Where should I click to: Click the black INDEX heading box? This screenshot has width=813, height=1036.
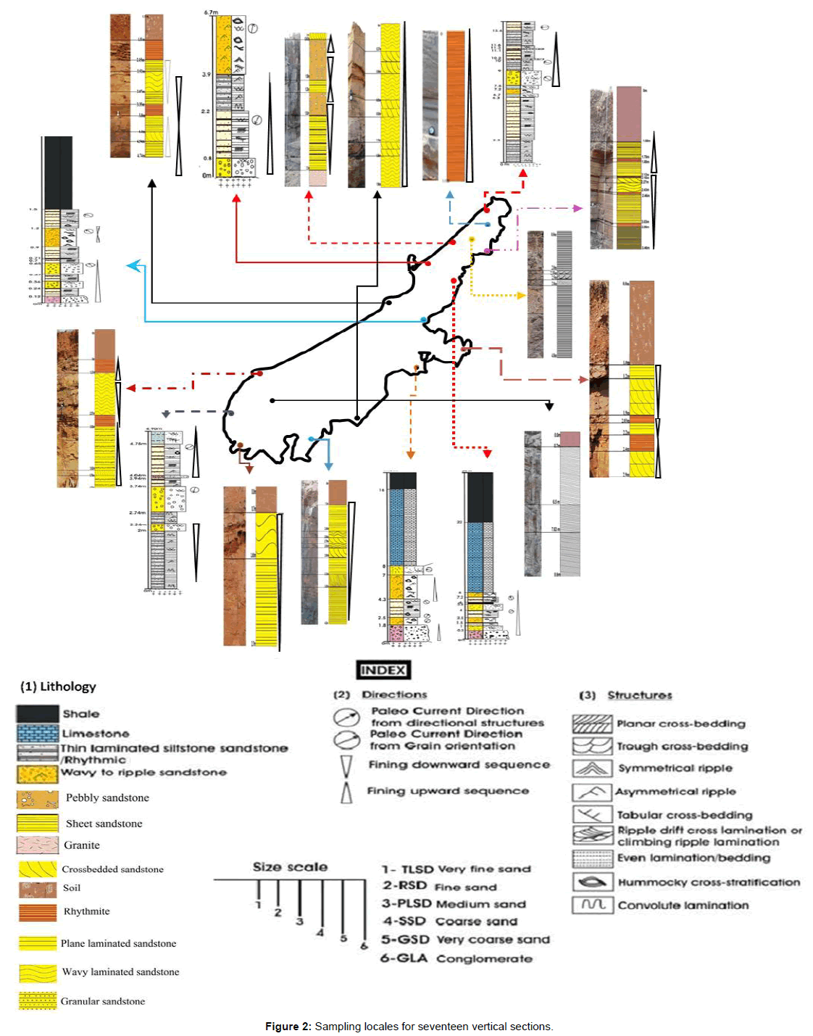click(383, 670)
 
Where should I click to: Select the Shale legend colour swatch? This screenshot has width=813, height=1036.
click(37, 713)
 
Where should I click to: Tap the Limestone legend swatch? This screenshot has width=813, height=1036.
click(37, 733)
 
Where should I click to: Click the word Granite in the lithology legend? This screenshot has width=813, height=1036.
click(82, 845)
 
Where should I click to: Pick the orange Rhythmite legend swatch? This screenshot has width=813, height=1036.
click(38, 911)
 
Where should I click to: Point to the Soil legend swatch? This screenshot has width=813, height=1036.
click(38, 889)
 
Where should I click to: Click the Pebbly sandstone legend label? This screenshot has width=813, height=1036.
click(107, 797)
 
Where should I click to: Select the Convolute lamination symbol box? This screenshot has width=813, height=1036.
click(593, 905)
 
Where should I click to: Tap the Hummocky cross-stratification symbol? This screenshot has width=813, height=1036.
click(593, 882)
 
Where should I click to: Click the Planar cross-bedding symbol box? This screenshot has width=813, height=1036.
click(593, 724)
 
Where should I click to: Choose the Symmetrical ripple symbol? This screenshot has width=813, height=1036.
click(593, 768)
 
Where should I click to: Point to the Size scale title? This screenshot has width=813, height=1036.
click(290, 867)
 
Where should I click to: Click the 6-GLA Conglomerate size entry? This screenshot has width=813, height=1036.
click(456, 958)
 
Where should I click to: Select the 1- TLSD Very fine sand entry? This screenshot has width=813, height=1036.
click(456, 869)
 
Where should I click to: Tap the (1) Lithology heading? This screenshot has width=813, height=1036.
click(58, 687)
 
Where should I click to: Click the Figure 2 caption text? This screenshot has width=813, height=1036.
click(409, 1027)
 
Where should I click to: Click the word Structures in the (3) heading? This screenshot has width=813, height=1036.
click(640, 695)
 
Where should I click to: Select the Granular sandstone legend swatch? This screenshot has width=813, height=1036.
click(38, 1001)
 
